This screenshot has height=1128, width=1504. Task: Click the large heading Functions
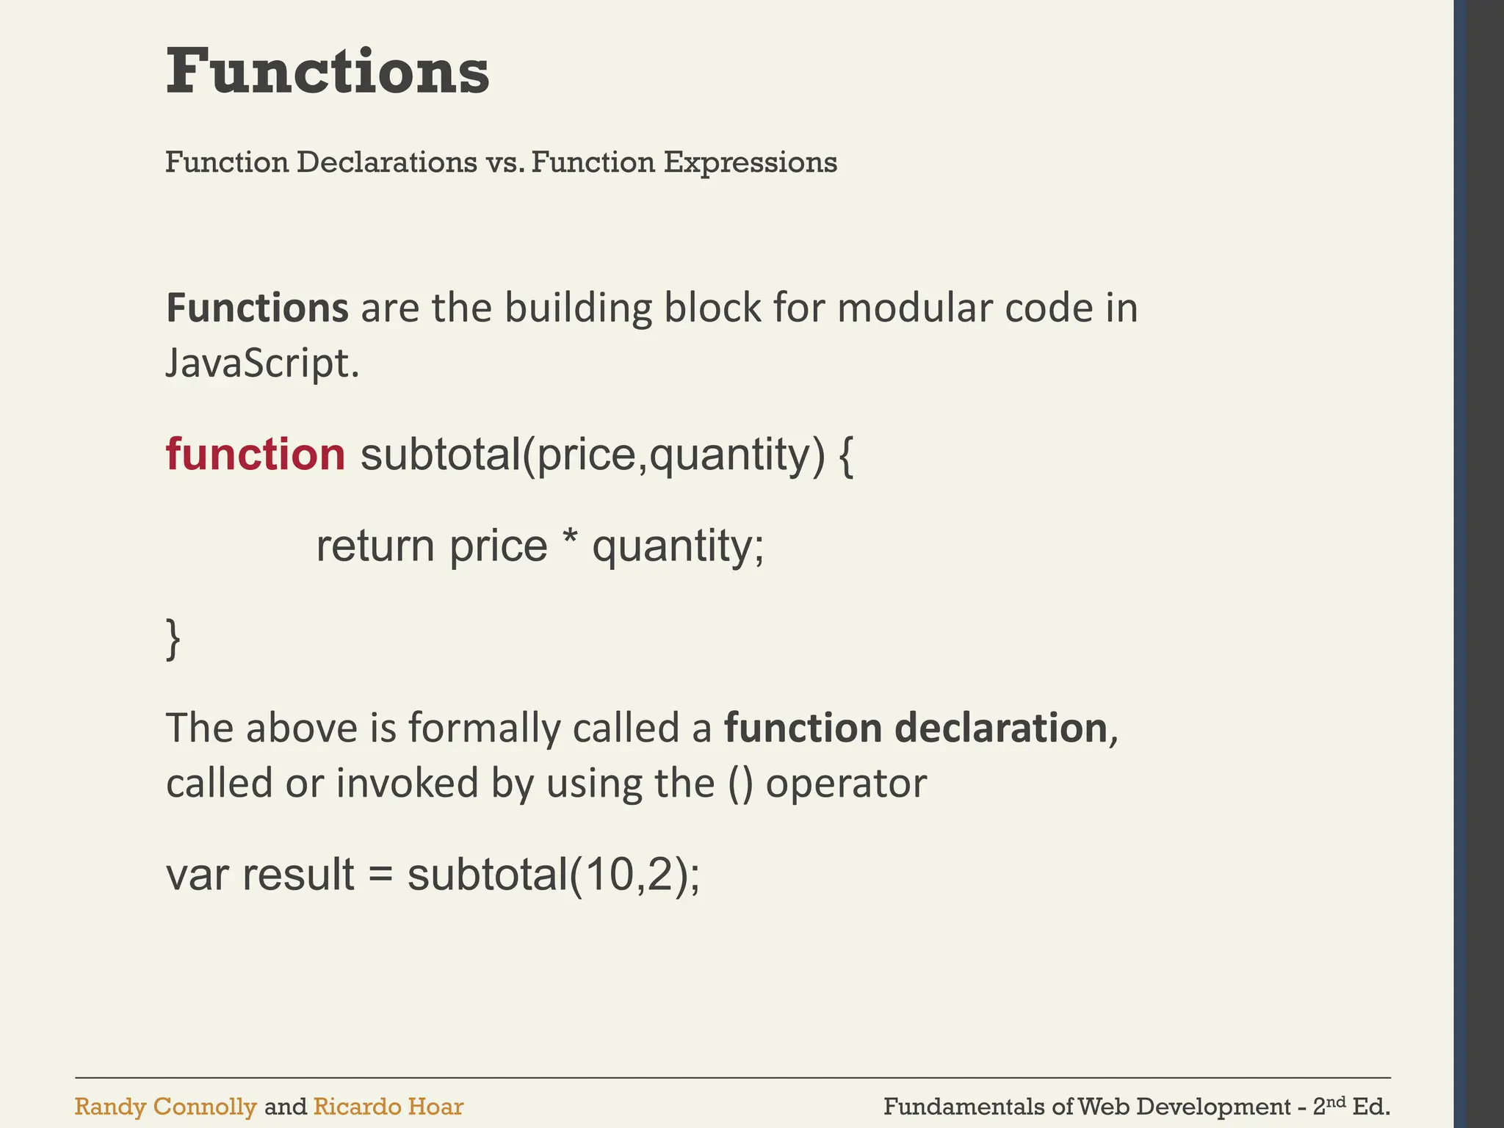(x=328, y=72)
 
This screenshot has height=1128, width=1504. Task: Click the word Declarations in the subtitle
(x=386, y=162)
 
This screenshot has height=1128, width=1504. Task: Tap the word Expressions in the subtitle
(x=750, y=162)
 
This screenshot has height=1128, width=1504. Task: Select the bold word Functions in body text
(x=257, y=308)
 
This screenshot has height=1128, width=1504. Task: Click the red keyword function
(x=256, y=455)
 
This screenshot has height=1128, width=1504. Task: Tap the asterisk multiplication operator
(x=569, y=541)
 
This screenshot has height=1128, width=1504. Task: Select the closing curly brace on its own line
(x=173, y=639)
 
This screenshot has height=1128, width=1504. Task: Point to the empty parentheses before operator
(x=741, y=784)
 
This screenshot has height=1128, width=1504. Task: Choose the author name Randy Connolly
(x=165, y=1107)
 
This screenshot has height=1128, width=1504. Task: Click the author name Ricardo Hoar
(x=388, y=1107)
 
